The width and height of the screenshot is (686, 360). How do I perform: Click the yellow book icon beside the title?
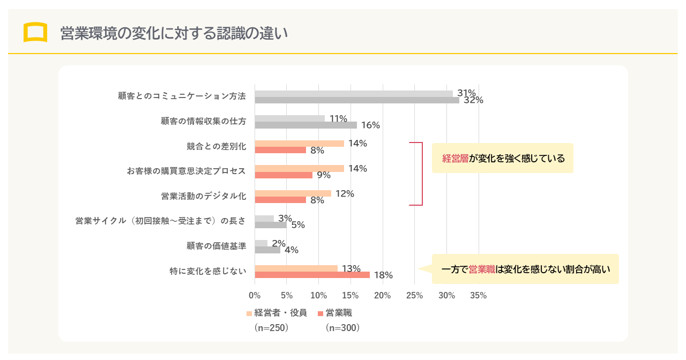35,32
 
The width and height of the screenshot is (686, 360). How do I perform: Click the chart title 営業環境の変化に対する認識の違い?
174,33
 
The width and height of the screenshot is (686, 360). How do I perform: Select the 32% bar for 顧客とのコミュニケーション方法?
356,100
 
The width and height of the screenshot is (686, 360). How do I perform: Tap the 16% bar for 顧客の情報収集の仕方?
305,125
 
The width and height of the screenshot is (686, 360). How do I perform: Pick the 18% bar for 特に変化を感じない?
312,275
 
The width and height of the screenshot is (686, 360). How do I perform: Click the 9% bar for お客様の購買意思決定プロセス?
283,175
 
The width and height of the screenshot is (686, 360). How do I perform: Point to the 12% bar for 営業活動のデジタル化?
293,193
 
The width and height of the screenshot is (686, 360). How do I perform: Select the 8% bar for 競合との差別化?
280,150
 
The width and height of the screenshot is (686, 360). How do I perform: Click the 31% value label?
466,93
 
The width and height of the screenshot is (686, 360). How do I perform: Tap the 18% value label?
383,275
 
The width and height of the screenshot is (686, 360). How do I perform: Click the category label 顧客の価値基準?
217,246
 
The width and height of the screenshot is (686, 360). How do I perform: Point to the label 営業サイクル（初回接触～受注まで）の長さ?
161,221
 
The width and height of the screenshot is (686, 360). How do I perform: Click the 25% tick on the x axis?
414,295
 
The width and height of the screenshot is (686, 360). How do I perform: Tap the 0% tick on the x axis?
255,295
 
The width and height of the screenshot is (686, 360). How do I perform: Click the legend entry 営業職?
339,313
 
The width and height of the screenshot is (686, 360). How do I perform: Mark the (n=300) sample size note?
342,328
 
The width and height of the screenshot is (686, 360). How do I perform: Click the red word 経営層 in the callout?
456,159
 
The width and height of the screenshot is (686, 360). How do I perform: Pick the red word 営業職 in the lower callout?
482,269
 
